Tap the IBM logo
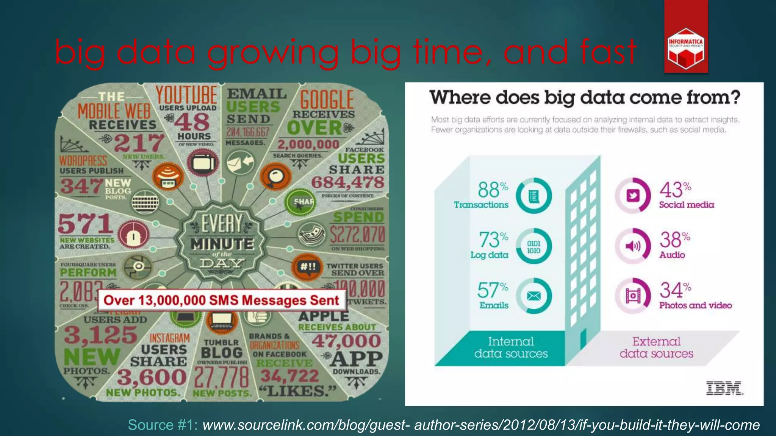click(x=724, y=388)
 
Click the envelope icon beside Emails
click(x=534, y=296)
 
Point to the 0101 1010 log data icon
click(x=533, y=247)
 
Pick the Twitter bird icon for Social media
click(x=633, y=196)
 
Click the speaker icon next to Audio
click(x=633, y=246)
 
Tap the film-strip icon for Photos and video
click(x=633, y=296)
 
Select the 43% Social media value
click(x=675, y=190)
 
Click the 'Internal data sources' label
click(x=511, y=347)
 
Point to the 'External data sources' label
click(x=656, y=347)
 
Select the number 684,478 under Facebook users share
click(x=347, y=183)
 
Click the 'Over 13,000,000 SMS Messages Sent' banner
click(x=221, y=301)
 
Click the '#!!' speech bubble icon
click(x=307, y=266)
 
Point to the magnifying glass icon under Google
click(x=276, y=176)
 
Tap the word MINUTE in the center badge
click(x=222, y=244)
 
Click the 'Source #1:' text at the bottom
click(x=163, y=425)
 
